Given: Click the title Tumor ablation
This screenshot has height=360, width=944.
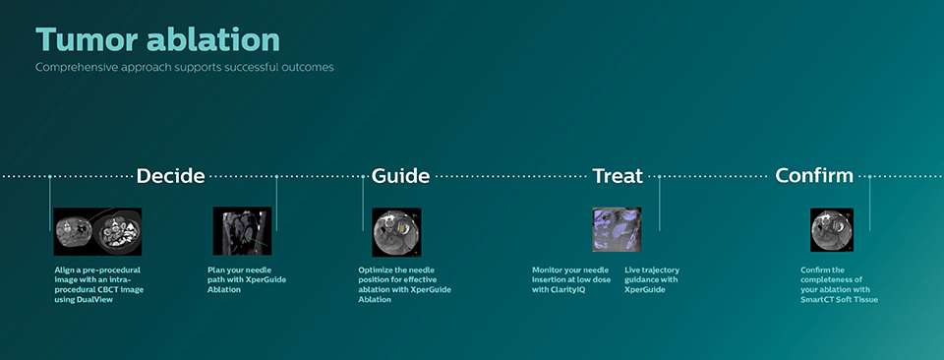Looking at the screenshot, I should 157,39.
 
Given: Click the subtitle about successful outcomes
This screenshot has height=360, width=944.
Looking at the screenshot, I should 184,67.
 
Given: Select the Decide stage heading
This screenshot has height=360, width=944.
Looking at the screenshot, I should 170,176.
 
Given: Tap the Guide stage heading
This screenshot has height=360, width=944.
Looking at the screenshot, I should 400,176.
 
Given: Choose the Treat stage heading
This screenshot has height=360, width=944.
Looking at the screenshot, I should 617,176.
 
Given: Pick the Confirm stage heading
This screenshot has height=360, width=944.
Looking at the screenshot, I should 814,176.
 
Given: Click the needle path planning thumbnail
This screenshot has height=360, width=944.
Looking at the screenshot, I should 242,231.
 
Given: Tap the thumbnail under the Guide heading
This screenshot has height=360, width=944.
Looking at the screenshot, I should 396,231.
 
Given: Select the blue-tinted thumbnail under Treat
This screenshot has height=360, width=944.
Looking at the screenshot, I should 617,230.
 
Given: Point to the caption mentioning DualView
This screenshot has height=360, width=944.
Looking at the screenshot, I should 98,284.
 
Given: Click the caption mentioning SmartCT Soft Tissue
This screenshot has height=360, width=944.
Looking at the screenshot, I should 839,284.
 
